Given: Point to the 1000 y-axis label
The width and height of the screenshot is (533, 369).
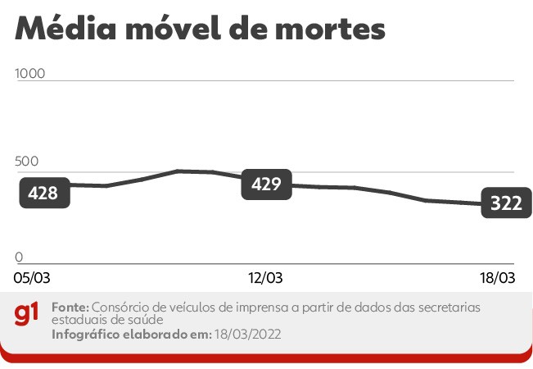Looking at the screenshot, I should [31, 73].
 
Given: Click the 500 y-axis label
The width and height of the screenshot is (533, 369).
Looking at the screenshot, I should [27, 162].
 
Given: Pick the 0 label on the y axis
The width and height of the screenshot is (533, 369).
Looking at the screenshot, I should [19, 257].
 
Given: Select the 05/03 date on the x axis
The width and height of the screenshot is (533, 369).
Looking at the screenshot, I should [32, 278].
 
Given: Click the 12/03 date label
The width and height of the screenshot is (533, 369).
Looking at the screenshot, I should [265, 278].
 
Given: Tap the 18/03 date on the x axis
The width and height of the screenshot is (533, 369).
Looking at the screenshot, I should [496, 278].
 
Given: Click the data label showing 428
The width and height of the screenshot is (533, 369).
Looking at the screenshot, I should [42, 193].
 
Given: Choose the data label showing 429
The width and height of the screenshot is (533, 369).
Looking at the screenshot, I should [266, 184].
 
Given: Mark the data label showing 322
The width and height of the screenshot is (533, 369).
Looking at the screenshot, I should [506, 203].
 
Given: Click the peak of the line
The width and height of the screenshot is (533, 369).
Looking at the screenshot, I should [178, 171].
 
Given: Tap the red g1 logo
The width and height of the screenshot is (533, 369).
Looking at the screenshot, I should [27, 314].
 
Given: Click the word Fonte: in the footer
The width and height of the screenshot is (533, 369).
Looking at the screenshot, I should [68, 307].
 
